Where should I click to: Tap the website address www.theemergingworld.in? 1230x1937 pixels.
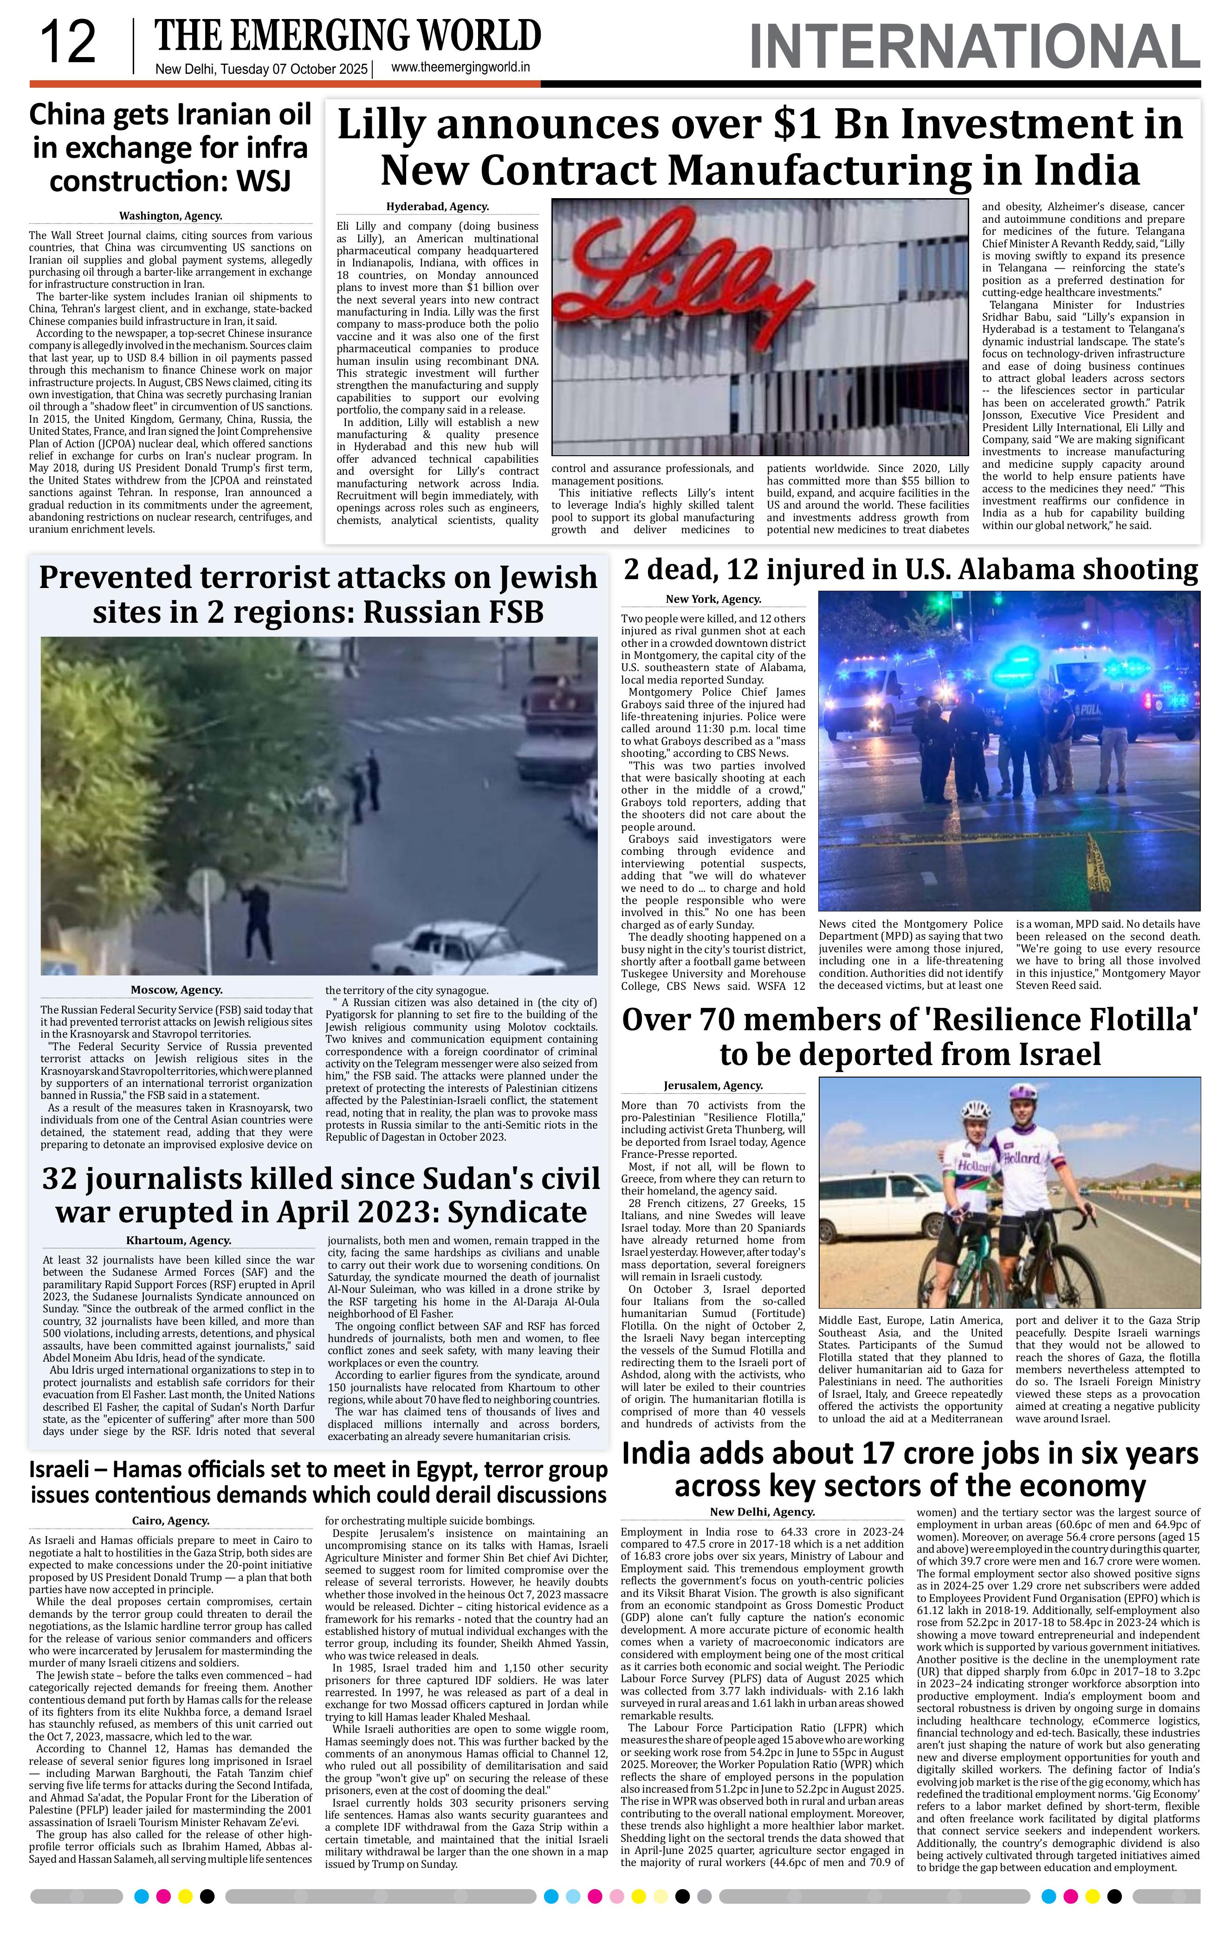point(460,68)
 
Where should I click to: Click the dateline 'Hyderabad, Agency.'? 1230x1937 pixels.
point(438,207)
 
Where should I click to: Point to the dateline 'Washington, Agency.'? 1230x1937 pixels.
point(170,216)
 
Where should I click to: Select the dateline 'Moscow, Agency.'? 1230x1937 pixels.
point(176,989)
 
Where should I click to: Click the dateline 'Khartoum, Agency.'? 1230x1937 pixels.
point(179,1240)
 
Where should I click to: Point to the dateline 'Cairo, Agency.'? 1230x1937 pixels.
point(170,1520)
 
